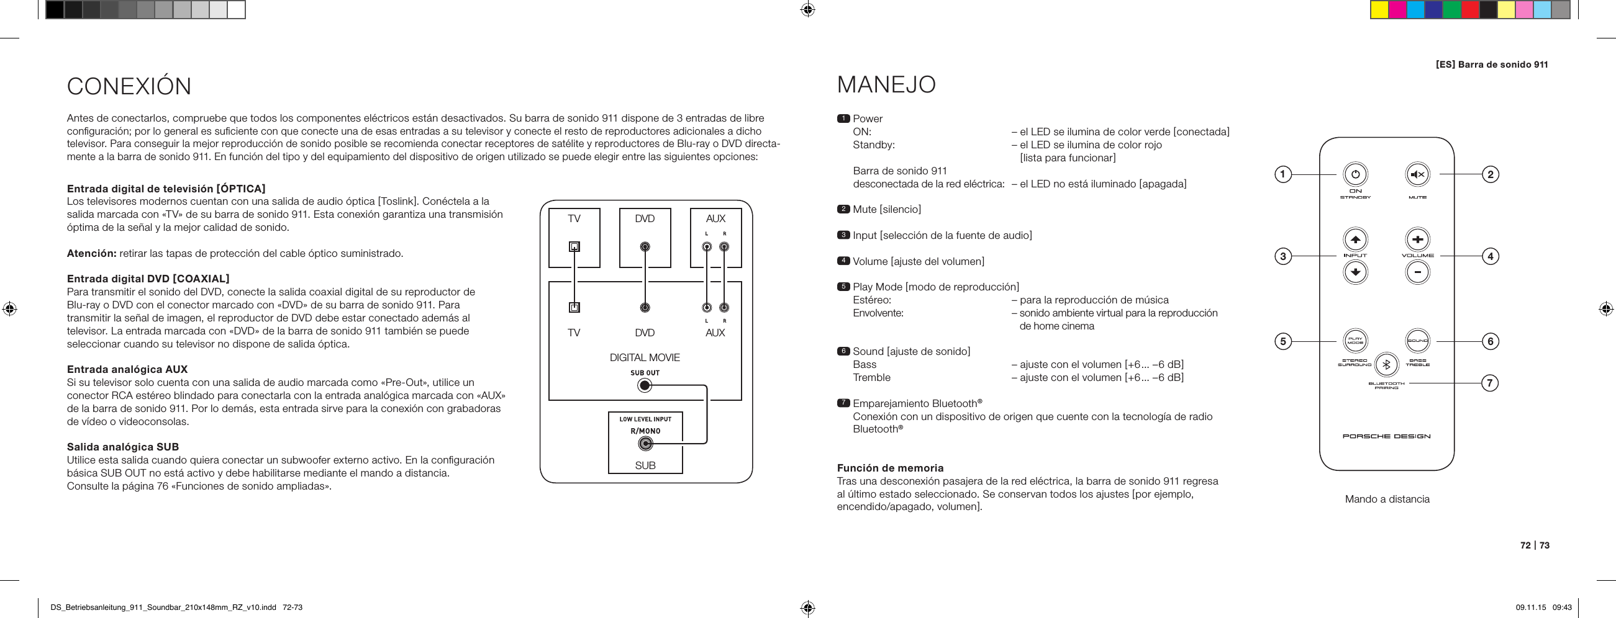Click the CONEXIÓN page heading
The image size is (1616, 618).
[x=129, y=86]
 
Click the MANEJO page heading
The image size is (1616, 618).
[x=886, y=84]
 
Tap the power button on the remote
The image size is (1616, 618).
[x=1355, y=174]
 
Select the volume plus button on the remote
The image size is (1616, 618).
[x=1417, y=239]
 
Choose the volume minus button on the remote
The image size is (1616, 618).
[x=1417, y=272]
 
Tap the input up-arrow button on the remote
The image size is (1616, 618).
[x=1355, y=239]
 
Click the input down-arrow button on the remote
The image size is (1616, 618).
[x=1355, y=272]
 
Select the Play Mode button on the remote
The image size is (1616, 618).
[x=1355, y=341]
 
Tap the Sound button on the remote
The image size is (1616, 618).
[x=1417, y=341]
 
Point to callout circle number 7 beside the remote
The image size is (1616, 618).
[x=1490, y=382]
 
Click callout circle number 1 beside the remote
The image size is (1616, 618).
[x=1283, y=174]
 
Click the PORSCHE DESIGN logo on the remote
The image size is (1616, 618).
[x=1386, y=436]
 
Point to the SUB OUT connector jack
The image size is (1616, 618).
[x=644, y=385]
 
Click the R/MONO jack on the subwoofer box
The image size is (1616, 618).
[x=645, y=444]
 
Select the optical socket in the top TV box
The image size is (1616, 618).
[x=574, y=246]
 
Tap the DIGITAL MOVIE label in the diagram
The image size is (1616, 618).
[x=644, y=358]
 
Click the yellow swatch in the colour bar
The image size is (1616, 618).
[x=1379, y=10]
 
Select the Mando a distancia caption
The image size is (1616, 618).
[x=1387, y=499]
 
